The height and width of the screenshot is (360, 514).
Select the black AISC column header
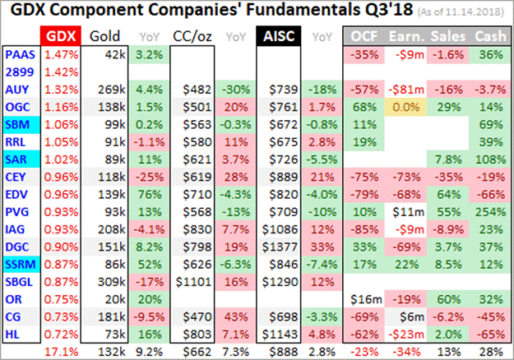(x=276, y=37)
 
